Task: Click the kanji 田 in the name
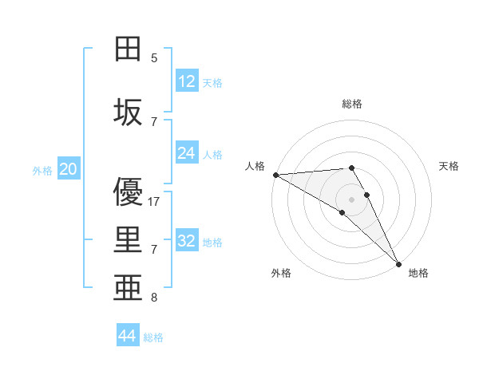(129, 49)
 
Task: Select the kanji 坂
(129, 112)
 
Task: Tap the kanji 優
(129, 193)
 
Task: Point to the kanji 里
(129, 241)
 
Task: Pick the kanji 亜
(129, 288)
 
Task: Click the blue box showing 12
(187, 81)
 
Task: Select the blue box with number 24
(187, 153)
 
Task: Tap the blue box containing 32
(187, 241)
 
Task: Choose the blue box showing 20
(69, 169)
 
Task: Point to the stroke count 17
(155, 202)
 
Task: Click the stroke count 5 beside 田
(154, 57)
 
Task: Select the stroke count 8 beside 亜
(154, 298)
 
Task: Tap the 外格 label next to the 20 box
(42, 170)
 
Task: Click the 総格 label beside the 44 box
(153, 337)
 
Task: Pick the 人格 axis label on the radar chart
(255, 166)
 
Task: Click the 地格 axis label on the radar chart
(418, 273)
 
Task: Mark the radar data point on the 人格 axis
(275, 175)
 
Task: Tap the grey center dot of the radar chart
(351, 199)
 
